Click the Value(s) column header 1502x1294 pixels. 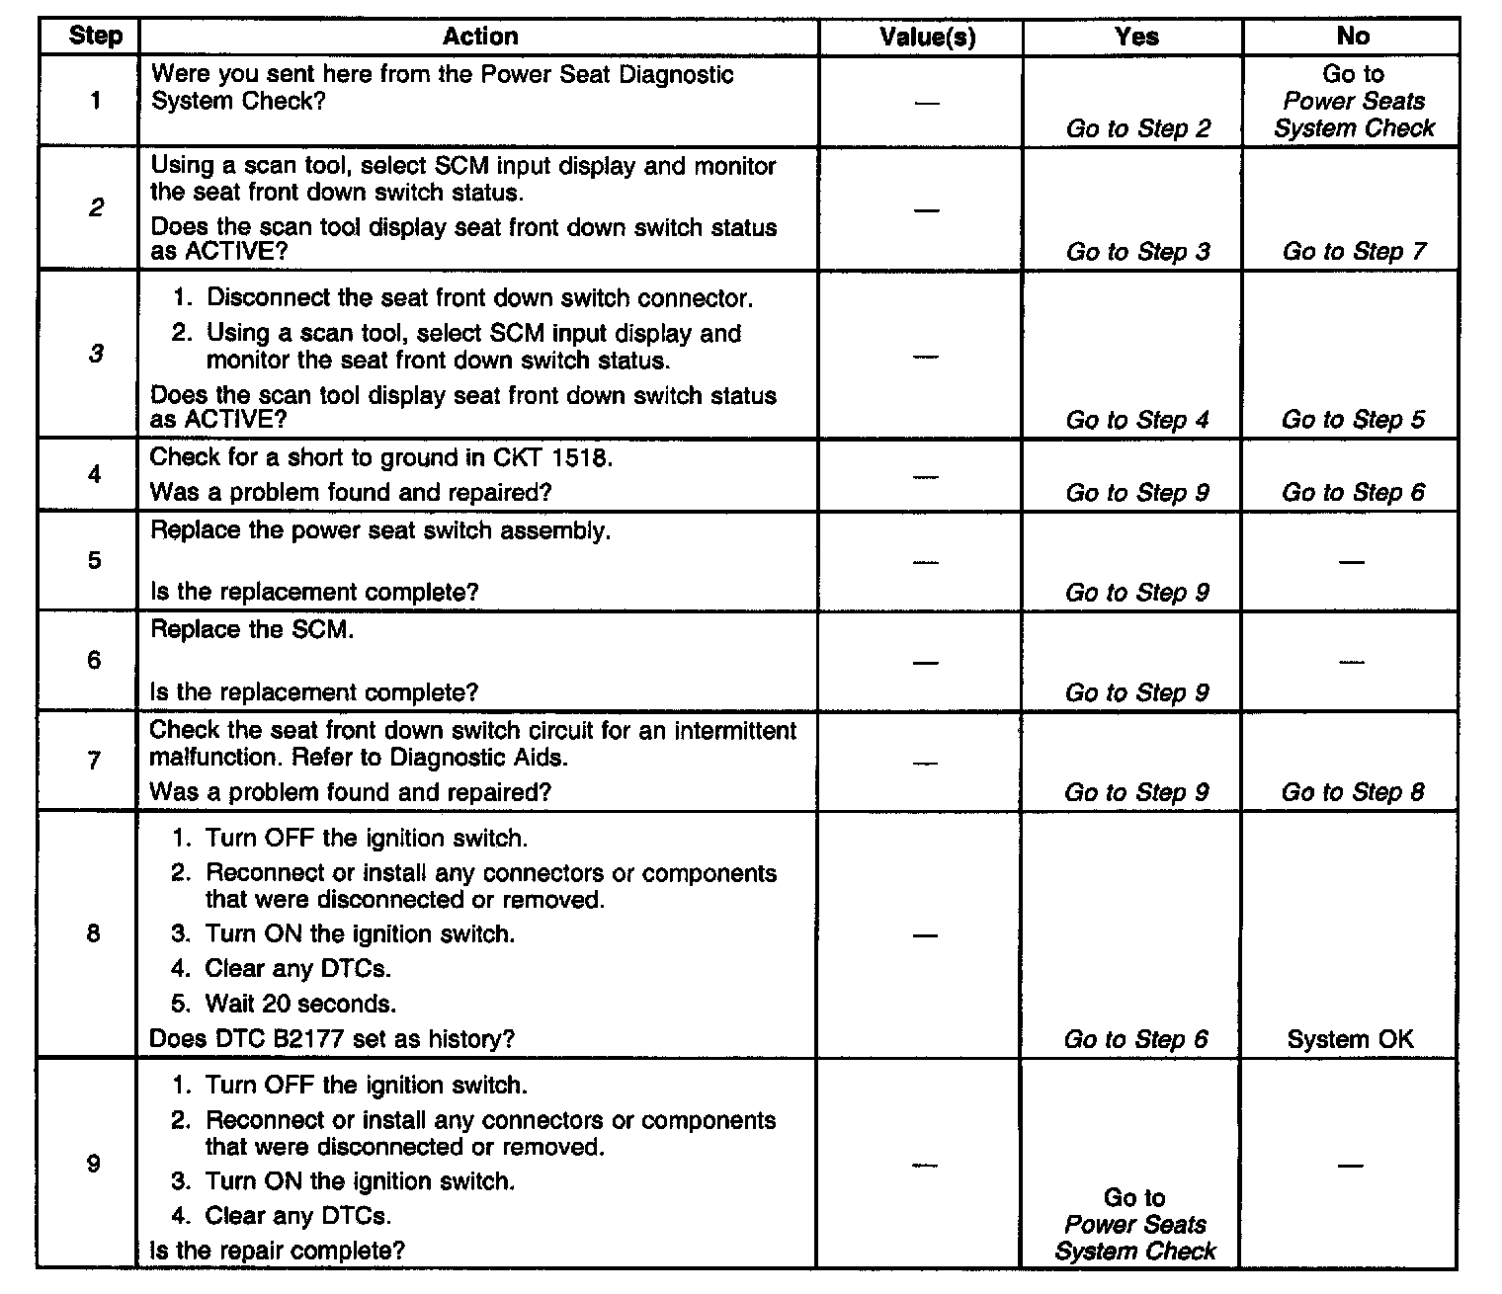pyautogui.click(x=927, y=38)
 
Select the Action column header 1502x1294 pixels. pyautogui.click(x=480, y=38)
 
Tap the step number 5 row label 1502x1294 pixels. pyautogui.click(x=95, y=561)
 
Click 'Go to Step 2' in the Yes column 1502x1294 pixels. pyautogui.click(x=1138, y=128)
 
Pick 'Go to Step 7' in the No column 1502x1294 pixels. pyautogui.click(x=1354, y=252)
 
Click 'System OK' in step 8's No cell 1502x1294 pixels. pyautogui.click(x=1350, y=1039)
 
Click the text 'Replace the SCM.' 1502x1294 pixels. pyautogui.click(x=252, y=630)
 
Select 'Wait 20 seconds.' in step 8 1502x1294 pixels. pyautogui.click(x=300, y=1005)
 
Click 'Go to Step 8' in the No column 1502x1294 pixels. pyautogui.click(x=1353, y=792)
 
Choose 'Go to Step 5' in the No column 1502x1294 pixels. pyautogui.click(x=1353, y=420)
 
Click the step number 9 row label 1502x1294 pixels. pyautogui.click(x=94, y=1164)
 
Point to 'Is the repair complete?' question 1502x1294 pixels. pyautogui.click(x=277, y=1251)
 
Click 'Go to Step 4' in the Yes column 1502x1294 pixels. pyautogui.click(x=1137, y=420)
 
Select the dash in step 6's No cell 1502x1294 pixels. pyautogui.click(x=1351, y=662)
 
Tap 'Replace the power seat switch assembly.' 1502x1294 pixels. pyautogui.click(x=380, y=530)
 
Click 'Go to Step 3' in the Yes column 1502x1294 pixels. pyautogui.click(x=1137, y=252)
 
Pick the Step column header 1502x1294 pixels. pyautogui.click(x=96, y=38)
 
